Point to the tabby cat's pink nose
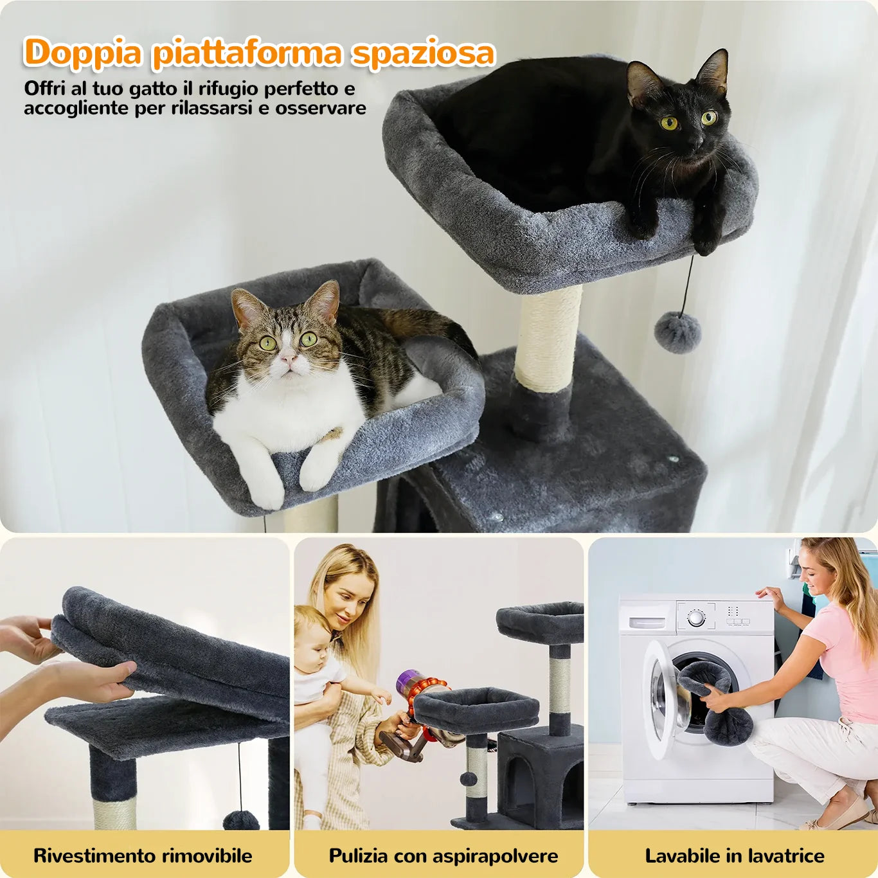click(x=287, y=359)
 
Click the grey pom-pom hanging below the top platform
click(x=677, y=332)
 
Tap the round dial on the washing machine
click(x=696, y=618)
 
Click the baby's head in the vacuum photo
click(x=313, y=634)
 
